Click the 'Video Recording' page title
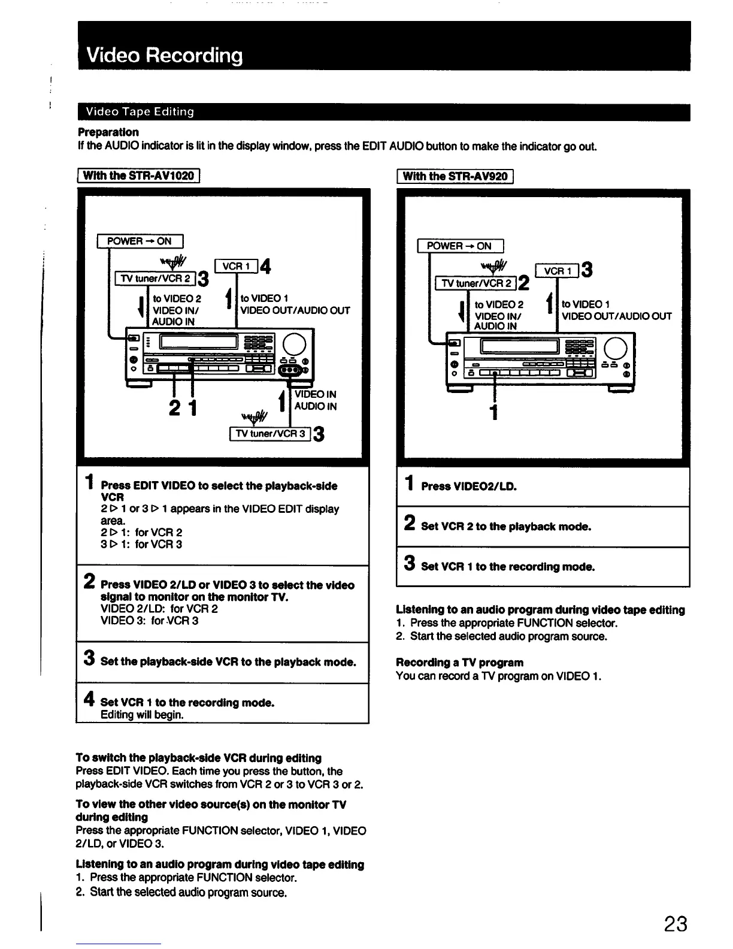(x=165, y=55)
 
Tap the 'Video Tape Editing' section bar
(x=140, y=112)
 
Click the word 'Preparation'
(x=108, y=132)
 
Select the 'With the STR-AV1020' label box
(x=138, y=176)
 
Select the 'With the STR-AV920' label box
(x=455, y=176)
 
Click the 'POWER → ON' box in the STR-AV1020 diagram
(x=140, y=241)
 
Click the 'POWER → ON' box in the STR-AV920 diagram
(x=459, y=246)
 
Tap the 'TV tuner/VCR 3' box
(x=270, y=433)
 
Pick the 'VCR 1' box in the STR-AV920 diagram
(x=557, y=271)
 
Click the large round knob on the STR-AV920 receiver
(x=616, y=347)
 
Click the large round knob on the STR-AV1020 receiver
(x=295, y=344)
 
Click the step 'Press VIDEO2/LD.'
(x=468, y=486)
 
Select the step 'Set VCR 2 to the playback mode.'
(x=506, y=527)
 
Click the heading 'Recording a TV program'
(x=459, y=663)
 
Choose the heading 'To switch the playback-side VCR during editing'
(x=199, y=758)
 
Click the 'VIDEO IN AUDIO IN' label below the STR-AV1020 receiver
(x=315, y=400)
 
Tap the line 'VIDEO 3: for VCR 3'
(x=150, y=621)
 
